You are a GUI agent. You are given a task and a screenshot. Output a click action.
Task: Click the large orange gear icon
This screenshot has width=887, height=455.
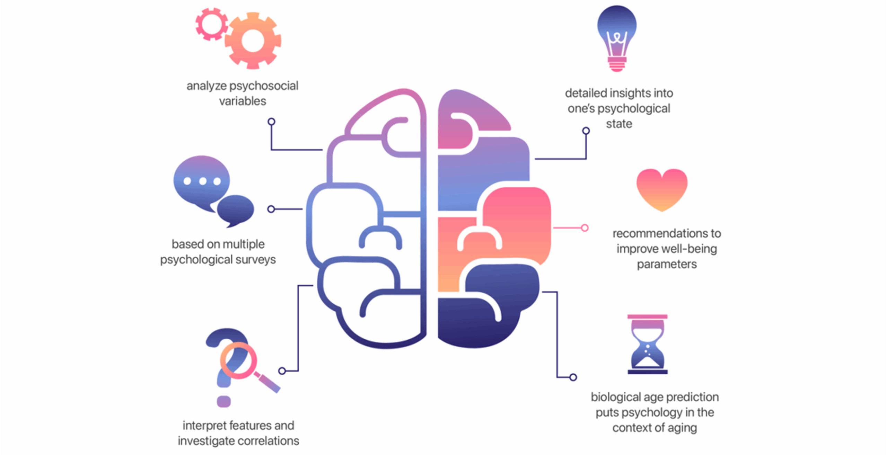(253, 41)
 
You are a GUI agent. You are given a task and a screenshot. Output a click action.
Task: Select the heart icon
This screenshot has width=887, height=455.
(662, 189)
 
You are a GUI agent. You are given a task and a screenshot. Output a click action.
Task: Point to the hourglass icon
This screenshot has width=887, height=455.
(647, 344)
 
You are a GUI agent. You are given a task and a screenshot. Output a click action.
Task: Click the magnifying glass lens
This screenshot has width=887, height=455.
(238, 360)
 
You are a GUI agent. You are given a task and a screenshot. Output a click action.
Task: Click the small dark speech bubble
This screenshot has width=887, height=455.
(236, 210)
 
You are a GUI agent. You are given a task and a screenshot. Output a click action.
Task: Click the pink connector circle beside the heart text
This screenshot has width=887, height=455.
(585, 228)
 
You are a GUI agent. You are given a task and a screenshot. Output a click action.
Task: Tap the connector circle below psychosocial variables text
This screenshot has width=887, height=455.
(272, 122)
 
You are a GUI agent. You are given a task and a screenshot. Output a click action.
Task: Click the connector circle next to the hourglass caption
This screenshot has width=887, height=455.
(573, 377)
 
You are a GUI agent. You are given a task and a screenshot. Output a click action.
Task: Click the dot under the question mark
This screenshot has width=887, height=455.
(223, 401)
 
